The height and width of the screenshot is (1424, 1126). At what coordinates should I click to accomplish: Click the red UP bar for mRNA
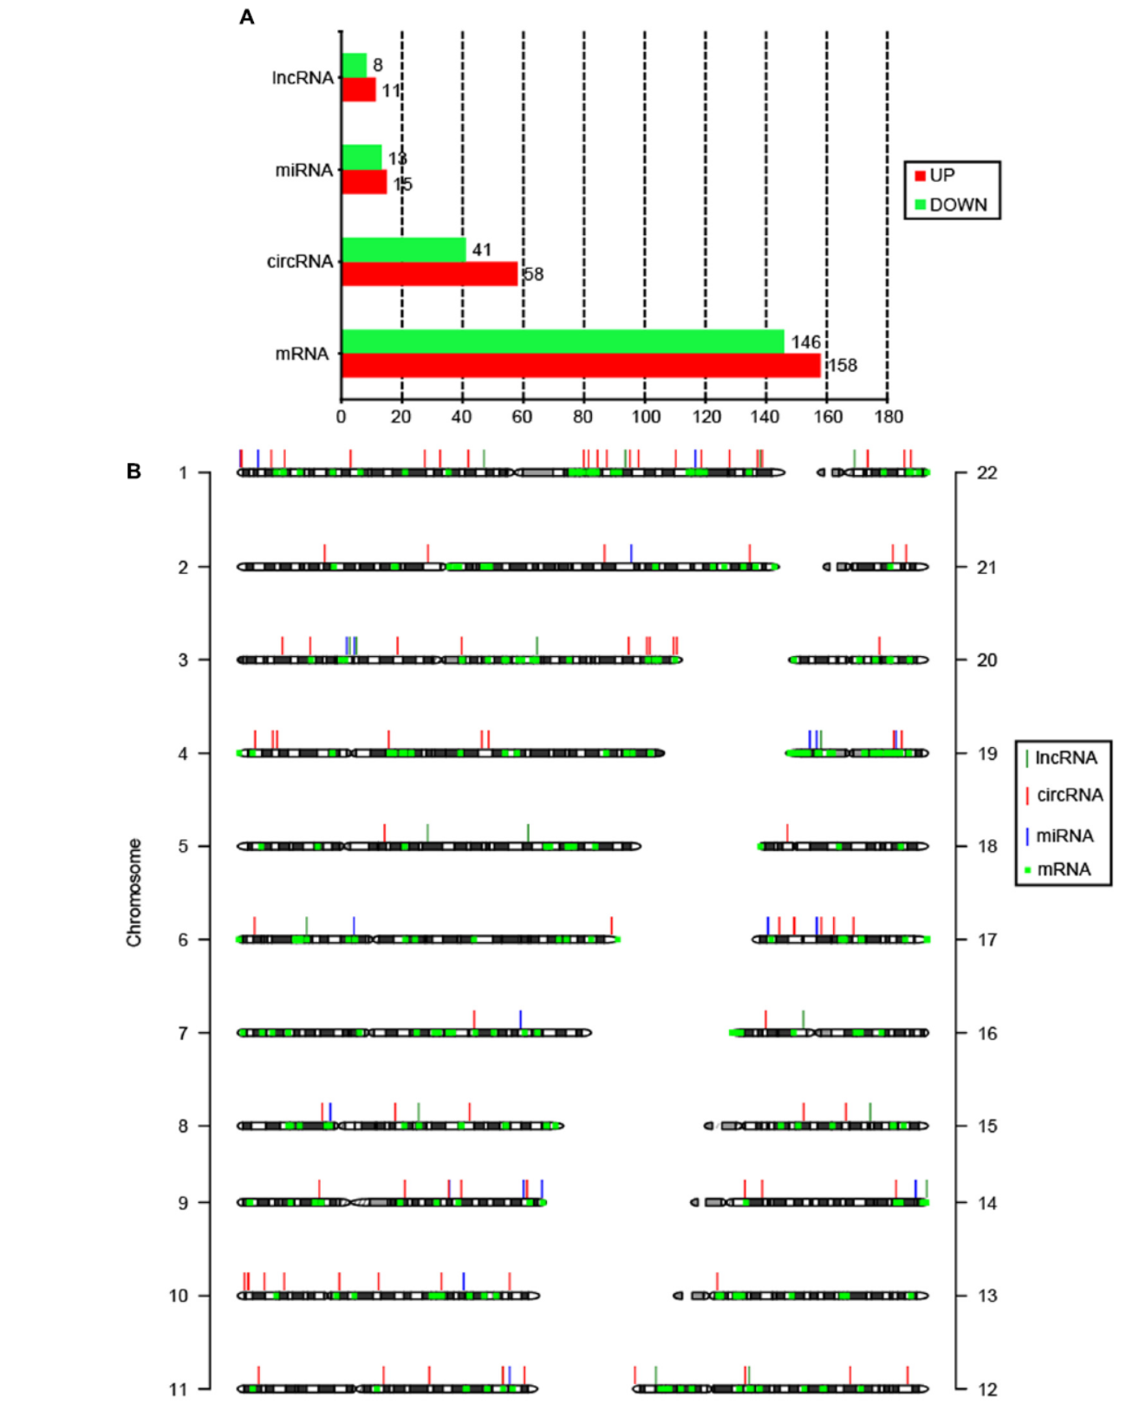[581, 366]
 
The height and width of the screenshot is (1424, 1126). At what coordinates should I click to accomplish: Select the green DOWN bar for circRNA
[404, 250]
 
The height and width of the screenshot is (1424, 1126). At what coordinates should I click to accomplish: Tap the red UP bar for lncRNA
[359, 90]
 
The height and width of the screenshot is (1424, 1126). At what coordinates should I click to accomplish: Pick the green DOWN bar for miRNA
[361, 157]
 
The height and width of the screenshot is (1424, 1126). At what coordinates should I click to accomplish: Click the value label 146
[805, 342]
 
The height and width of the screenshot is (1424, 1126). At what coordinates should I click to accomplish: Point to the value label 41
[482, 250]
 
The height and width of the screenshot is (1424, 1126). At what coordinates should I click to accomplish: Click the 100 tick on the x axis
[645, 417]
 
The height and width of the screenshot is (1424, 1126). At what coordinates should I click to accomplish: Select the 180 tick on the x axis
[888, 417]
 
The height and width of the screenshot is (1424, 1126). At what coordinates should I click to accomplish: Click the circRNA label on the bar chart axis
[300, 262]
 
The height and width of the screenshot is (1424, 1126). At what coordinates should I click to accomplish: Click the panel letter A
[247, 17]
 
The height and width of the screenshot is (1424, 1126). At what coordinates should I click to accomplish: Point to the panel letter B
[133, 471]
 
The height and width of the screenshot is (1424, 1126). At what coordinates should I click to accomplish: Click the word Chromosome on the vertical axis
[134, 892]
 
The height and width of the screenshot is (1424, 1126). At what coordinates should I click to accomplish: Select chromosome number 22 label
[986, 473]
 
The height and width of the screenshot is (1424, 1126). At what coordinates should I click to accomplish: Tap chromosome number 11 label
[178, 1389]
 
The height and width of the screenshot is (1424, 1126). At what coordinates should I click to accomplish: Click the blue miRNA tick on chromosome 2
[631, 552]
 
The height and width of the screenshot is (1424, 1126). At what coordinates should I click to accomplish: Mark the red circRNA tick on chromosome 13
[717, 1280]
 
